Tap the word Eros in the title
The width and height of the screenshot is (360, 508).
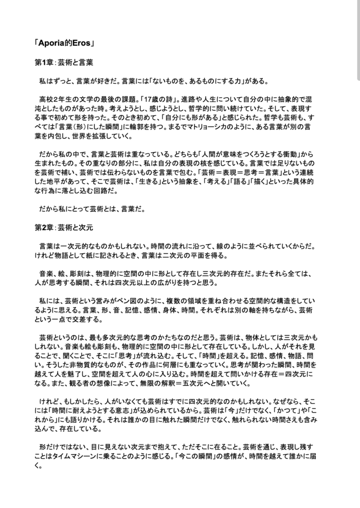pos(79,43)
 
